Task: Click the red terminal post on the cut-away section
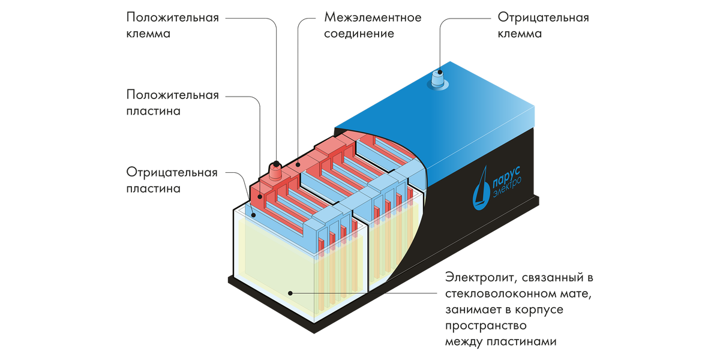point(277,170)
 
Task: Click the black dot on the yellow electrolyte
point(290,293)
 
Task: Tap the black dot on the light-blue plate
point(253,214)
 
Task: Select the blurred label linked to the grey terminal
point(543,25)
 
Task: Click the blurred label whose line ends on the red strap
point(373,25)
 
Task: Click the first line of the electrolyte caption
point(519,278)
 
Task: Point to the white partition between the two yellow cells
point(367,252)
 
